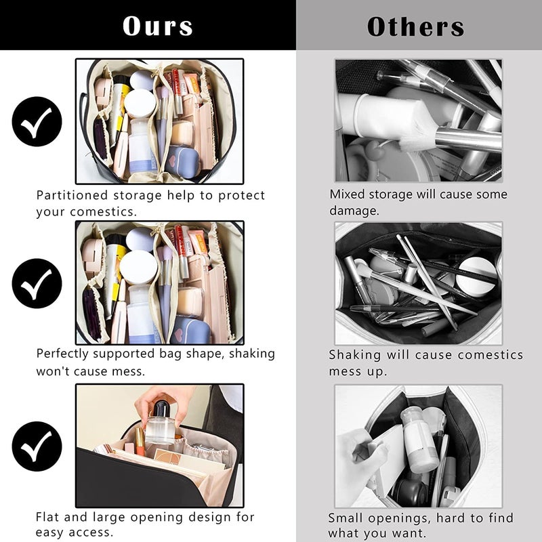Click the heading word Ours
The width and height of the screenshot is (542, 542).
pyautogui.click(x=157, y=26)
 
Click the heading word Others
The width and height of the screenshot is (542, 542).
pyautogui.click(x=415, y=26)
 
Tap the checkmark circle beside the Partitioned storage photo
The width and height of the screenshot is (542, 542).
pyautogui.click(x=37, y=122)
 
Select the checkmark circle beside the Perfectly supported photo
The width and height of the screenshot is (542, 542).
pyautogui.click(x=37, y=283)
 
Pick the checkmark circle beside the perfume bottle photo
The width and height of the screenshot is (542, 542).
pyautogui.click(x=37, y=446)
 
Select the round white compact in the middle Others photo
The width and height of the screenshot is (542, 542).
pyautogui.click(x=476, y=274)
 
